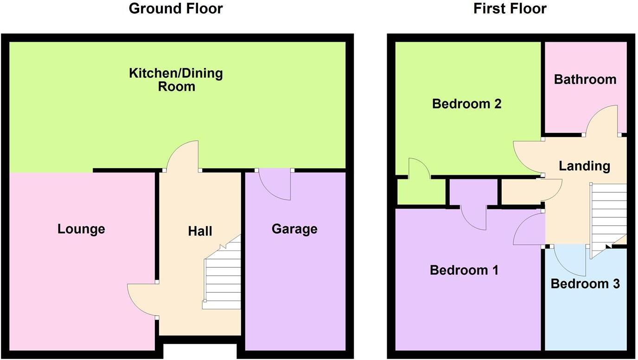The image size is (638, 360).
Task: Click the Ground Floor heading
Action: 175,8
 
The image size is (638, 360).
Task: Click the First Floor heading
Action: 510,8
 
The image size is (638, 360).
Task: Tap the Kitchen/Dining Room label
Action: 176,80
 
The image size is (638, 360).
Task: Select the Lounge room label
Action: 81,229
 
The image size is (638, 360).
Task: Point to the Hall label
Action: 200,231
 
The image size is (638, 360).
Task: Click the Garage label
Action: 294,229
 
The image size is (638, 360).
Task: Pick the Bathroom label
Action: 585,79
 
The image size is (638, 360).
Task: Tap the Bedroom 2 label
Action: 466,103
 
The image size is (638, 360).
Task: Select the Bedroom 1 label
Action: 464,270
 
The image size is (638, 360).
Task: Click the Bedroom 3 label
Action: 585,284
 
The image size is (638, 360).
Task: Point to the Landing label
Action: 584,165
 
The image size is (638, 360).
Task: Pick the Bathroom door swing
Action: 602,120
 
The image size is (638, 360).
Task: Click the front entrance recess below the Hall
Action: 200,351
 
